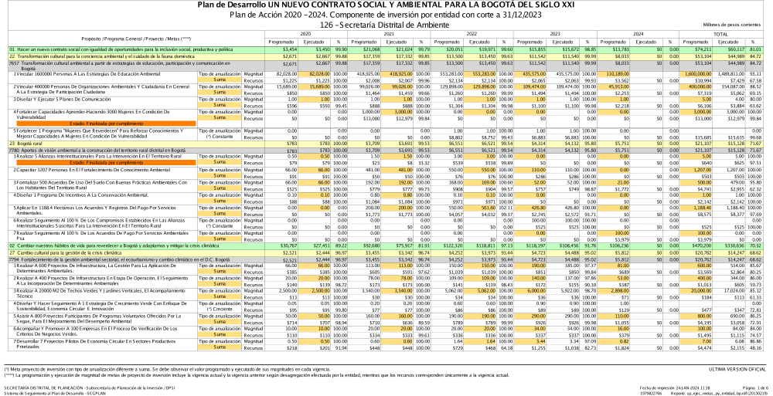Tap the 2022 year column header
pyautogui.click(x=472, y=34)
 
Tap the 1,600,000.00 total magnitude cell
pyautogui.click(x=688, y=72)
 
